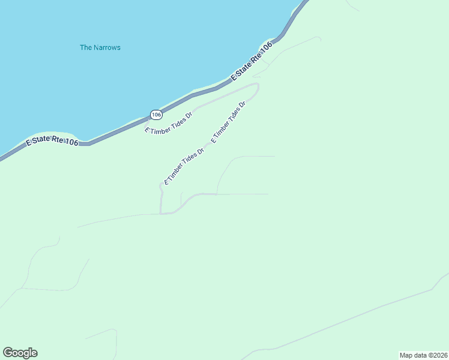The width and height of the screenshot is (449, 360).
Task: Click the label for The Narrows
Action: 100,47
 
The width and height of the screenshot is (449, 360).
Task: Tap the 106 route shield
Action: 156,114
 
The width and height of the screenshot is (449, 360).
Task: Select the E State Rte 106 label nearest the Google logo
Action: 52,142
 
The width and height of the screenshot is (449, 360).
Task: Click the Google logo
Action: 20,353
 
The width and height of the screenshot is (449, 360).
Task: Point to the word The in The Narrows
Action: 86,47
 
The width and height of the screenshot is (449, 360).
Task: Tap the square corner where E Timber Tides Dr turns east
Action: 161,213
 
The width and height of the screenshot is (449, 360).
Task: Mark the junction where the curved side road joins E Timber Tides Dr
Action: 217,194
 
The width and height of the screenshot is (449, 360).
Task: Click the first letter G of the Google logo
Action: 8,352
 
